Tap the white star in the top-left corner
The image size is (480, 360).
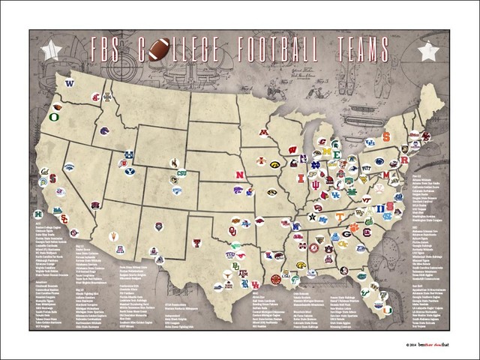(x=51, y=50)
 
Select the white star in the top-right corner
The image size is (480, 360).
(x=428, y=51)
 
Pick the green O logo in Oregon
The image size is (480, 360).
(x=55, y=118)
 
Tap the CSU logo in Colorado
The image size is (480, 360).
(x=181, y=174)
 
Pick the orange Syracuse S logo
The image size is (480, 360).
(x=386, y=137)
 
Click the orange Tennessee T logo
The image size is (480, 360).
(x=340, y=216)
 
